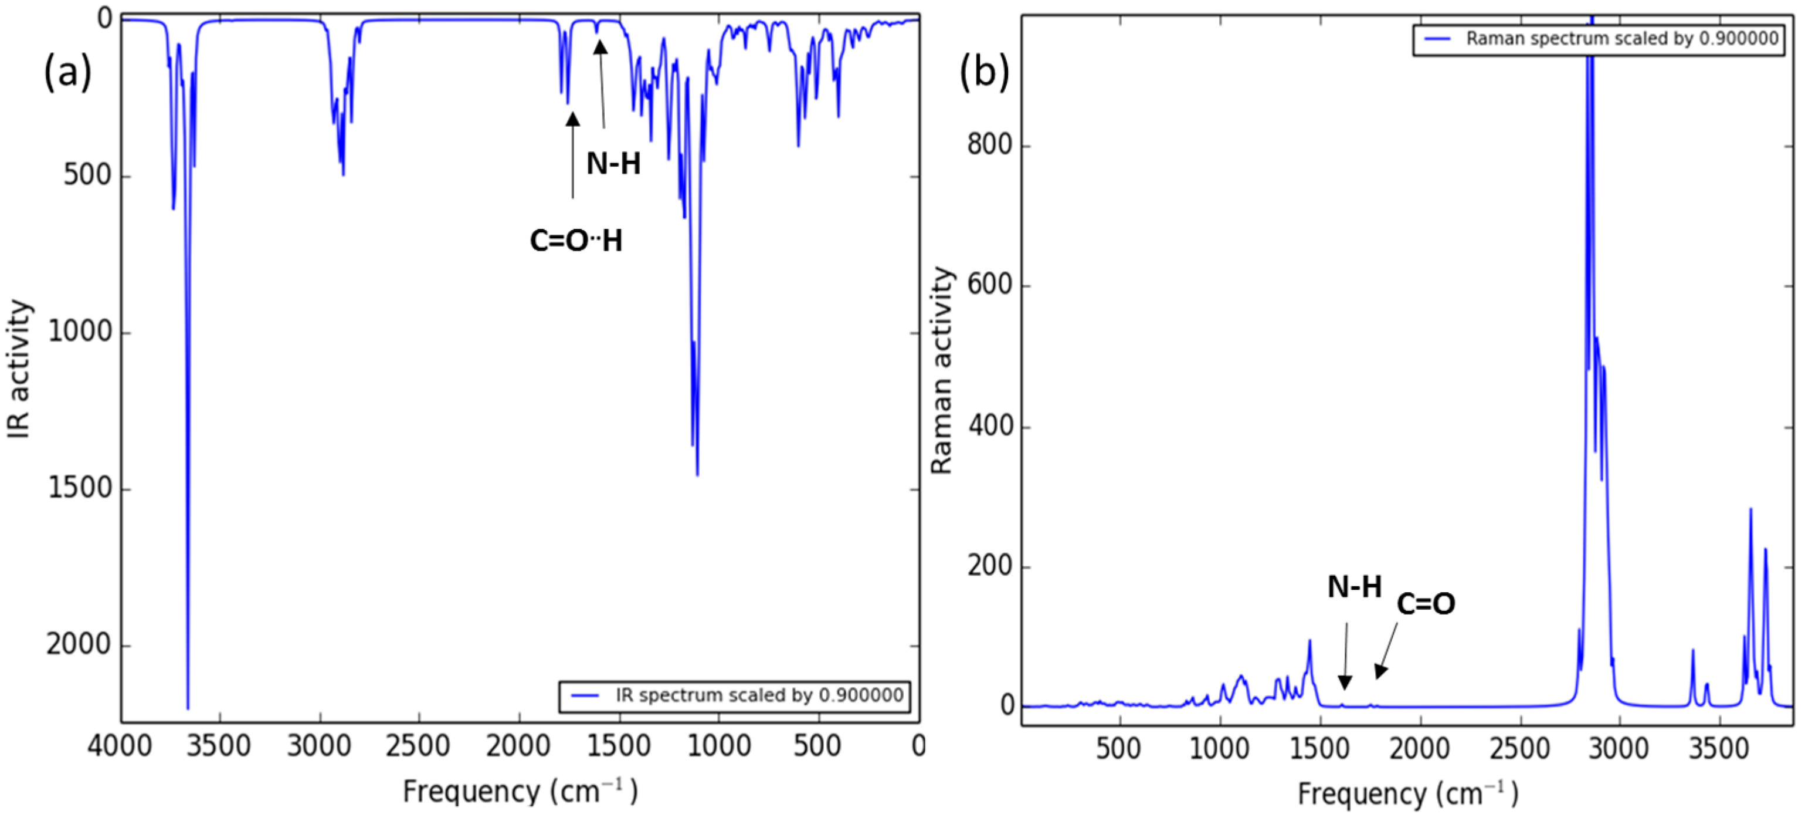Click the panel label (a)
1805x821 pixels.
pyautogui.click(x=67, y=73)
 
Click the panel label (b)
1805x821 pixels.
pyautogui.click(x=984, y=73)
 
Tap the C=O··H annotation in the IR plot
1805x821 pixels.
pyautogui.click(x=576, y=241)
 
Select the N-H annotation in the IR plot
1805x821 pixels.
pyautogui.click(x=613, y=164)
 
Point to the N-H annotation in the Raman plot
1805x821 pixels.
pyautogui.click(x=1353, y=587)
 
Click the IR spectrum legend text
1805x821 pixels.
pyautogui.click(x=759, y=695)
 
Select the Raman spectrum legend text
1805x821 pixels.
pyautogui.click(x=1621, y=39)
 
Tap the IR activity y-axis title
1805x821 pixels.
pyautogui.click(x=19, y=370)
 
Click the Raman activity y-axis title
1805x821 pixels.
pyautogui.click(x=942, y=370)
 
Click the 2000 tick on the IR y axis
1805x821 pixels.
pyautogui.click(x=79, y=646)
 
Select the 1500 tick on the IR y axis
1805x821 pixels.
pyautogui.click(x=79, y=489)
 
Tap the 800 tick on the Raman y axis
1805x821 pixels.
pyautogui.click(x=990, y=145)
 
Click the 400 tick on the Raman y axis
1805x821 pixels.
pyautogui.click(x=990, y=426)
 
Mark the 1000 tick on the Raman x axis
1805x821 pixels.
pyautogui.click(x=1220, y=749)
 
